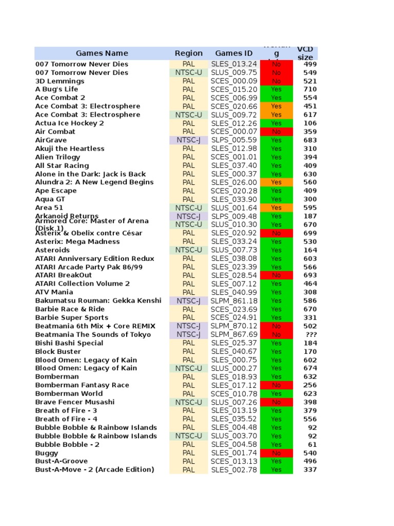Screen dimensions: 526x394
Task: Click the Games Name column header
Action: point(102,53)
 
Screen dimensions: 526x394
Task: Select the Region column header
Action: point(188,53)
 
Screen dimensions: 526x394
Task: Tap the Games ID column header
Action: point(233,53)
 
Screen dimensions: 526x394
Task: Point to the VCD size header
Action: point(305,53)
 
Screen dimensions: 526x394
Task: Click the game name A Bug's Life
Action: point(56,89)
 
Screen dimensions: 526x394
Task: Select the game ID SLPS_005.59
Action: point(233,140)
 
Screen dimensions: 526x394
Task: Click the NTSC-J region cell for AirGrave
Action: point(188,140)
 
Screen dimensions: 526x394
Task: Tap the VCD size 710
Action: point(310,89)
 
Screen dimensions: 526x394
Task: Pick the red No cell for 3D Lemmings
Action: point(276,81)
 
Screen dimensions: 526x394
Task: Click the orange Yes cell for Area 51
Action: point(276,208)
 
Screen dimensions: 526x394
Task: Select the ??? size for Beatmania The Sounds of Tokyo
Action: point(310,334)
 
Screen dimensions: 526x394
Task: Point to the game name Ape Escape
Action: point(56,191)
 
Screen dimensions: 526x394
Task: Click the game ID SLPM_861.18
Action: point(234,300)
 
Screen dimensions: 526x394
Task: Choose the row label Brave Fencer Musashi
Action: point(75,402)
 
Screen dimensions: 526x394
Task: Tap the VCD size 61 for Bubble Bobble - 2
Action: point(312,444)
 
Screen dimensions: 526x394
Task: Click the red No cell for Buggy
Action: point(276,453)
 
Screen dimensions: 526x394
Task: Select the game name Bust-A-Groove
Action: point(62,461)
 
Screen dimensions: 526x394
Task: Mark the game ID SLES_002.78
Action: point(233,469)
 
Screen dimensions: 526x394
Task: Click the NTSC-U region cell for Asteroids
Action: point(188,250)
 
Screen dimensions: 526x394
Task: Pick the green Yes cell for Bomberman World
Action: point(276,393)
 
